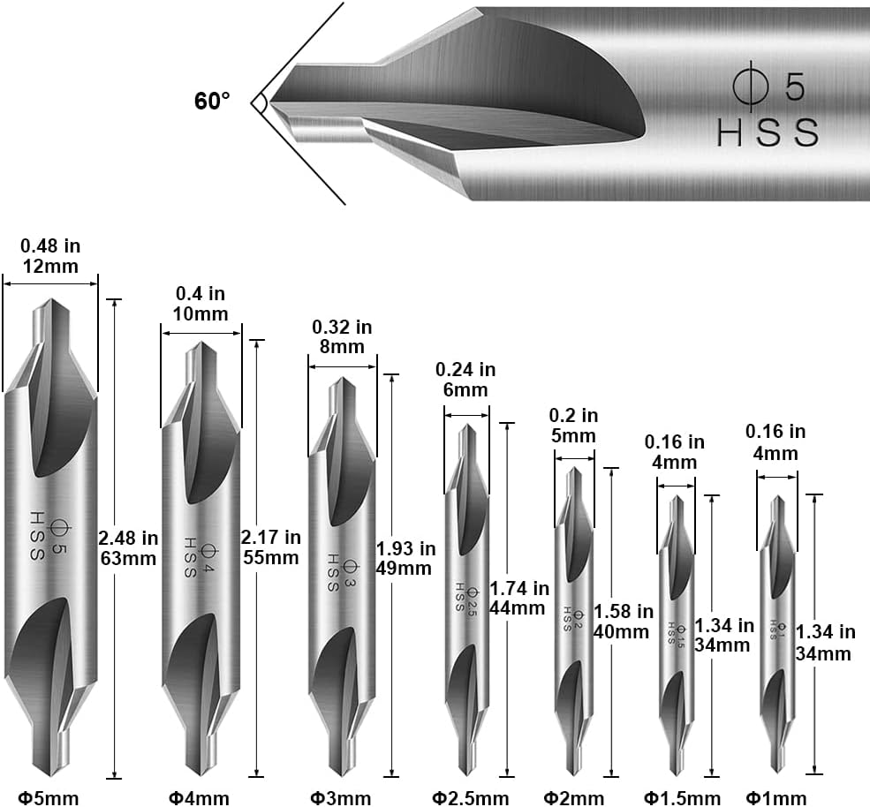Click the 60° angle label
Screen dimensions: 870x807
coord(211,101)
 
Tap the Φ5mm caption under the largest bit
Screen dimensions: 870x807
coord(49,798)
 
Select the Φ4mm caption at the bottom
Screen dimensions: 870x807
coord(199,798)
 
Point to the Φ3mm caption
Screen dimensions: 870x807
coord(341,798)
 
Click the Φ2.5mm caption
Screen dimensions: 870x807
coord(471,798)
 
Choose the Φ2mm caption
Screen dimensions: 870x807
coord(574,798)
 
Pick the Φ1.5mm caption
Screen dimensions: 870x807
coord(683,798)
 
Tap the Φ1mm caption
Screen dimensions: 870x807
coord(775,798)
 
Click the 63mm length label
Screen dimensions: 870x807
coord(128,558)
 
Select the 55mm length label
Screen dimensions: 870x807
coord(271,557)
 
